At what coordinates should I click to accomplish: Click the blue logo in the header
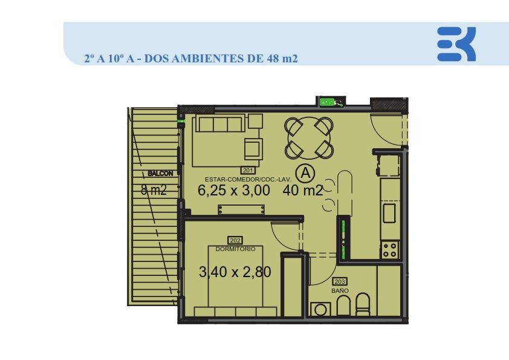coord(456,44)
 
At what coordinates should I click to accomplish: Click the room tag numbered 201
coord(248,170)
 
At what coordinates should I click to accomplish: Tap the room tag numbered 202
coord(235,240)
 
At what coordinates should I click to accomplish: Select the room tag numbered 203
coord(340,282)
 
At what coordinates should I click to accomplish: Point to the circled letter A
coord(305,173)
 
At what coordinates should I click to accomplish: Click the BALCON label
coord(160,174)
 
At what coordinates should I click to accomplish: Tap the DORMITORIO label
coord(235,249)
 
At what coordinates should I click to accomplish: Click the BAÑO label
coord(340,291)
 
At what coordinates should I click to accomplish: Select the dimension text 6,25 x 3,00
coord(234,191)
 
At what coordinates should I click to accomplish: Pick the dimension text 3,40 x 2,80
coord(235,272)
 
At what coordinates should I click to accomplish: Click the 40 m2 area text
coord(302,191)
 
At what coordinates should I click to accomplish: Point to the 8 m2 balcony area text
coord(154,190)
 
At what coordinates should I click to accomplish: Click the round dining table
coord(309,138)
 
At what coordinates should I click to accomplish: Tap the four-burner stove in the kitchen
coord(390,250)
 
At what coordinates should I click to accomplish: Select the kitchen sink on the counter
coord(389,213)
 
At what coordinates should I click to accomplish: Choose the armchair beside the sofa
coord(253,149)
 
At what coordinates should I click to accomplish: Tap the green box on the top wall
coord(327,102)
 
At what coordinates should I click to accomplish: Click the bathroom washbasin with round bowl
coord(320,309)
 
